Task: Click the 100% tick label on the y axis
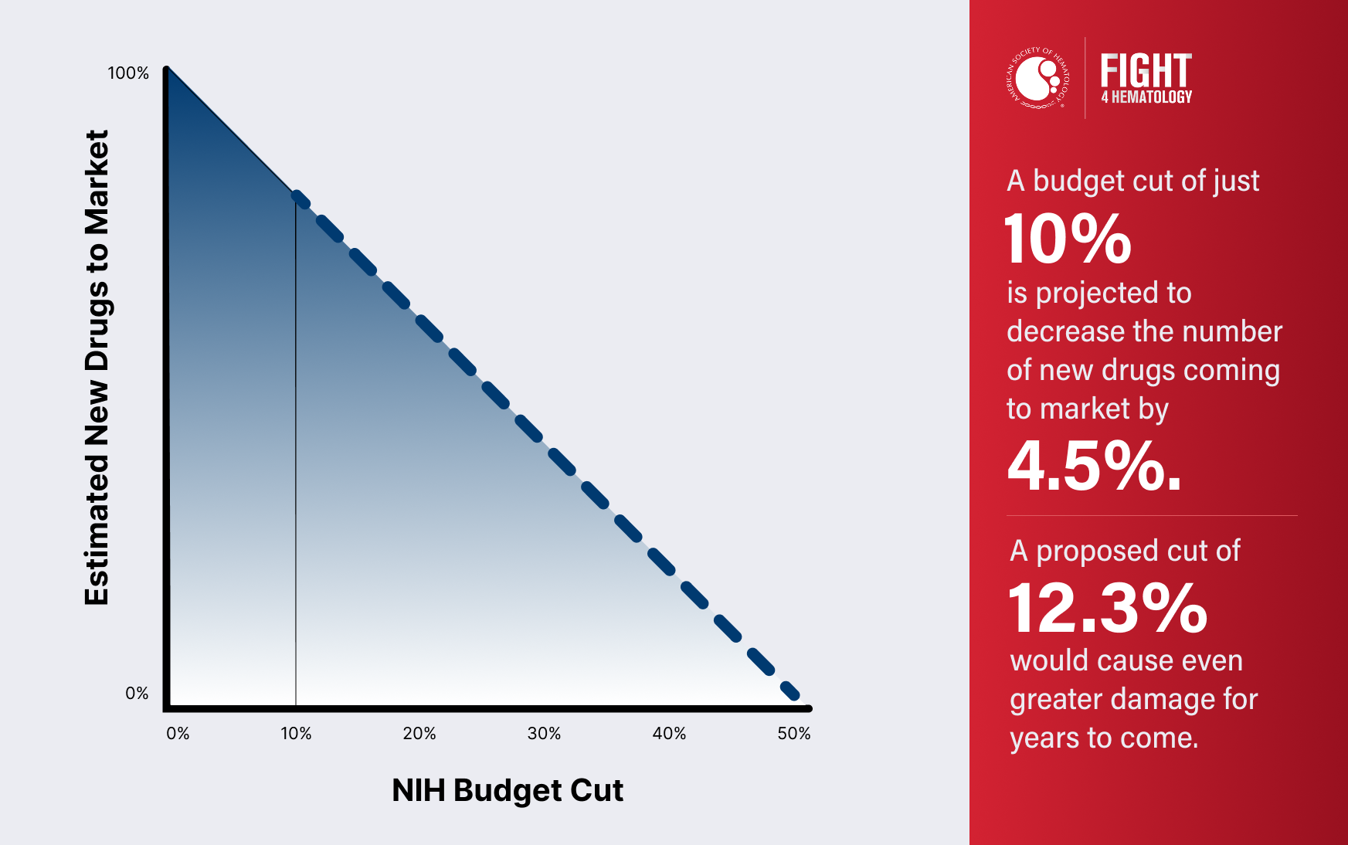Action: pyautogui.click(x=127, y=73)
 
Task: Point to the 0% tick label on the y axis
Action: pyautogui.click(x=137, y=694)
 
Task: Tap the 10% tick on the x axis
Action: pyautogui.click(x=296, y=734)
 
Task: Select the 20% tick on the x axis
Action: pyautogui.click(x=419, y=734)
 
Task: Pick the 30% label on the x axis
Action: pyautogui.click(x=544, y=734)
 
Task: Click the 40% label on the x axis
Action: pyautogui.click(x=669, y=734)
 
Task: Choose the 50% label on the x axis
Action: pyautogui.click(x=794, y=734)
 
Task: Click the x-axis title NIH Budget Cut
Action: pyautogui.click(x=508, y=791)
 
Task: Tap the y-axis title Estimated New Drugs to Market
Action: pyautogui.click(x=97, y=368)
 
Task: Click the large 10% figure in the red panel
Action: pyautogui.click(x=1068, y=239)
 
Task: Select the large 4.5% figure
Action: pyautogui.click(x=1094, y=466)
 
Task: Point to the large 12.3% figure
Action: pyautogui.click(x=1108, y=609)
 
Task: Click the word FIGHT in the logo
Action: pyautogui.click(x=1146, y=71)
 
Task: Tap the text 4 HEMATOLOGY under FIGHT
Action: pyautogui.click(x=1146, y=97)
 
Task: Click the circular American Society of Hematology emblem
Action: pyautogui.click(x=1038, y=78)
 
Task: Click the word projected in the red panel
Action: pyautogui.click(x=1098, y=294)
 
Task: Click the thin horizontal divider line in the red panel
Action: pyautogui.click(x=1151, y=515)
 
